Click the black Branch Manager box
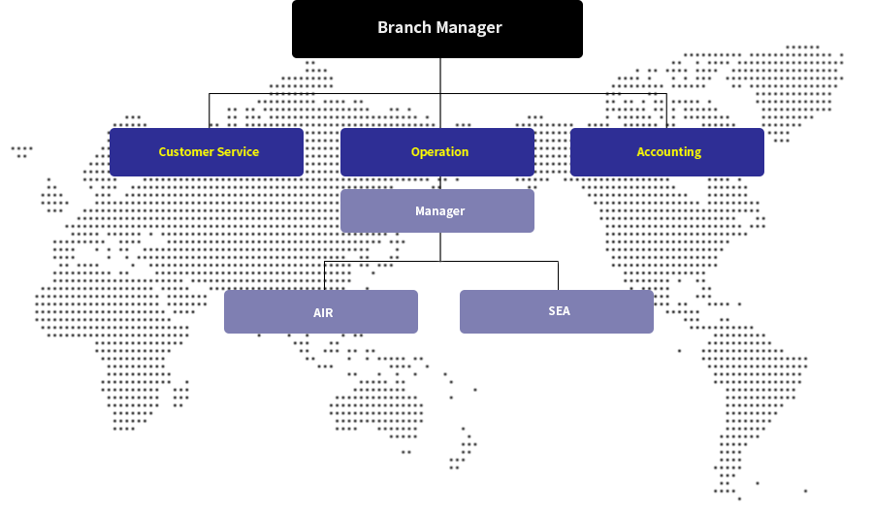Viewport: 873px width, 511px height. pos(437,29)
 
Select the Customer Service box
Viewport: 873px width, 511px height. pos(207,152)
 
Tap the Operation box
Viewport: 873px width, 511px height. pos(437,152)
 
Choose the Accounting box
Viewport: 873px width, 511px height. pos(667,152)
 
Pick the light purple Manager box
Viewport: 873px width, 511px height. pos(437,211)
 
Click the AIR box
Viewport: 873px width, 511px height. pos(321,312)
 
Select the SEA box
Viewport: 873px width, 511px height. pos(557,311)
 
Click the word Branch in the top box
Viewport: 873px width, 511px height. pos(404,27)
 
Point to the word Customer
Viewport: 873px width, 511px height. pos(185,152)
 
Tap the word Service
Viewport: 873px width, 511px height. pos(238,152)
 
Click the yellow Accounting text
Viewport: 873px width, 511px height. pos(668,152)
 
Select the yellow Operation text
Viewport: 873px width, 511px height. pos(439,152)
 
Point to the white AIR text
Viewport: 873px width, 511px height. pos(323,313)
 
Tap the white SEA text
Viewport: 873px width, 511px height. pos(559,311)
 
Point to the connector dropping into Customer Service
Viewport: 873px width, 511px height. pos(210,111)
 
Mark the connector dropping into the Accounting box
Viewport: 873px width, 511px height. pos(666,111)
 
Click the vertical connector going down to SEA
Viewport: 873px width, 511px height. pos(559,275)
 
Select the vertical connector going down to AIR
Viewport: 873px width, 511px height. pos(324,275)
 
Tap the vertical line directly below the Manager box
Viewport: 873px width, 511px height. pos(440,246)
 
